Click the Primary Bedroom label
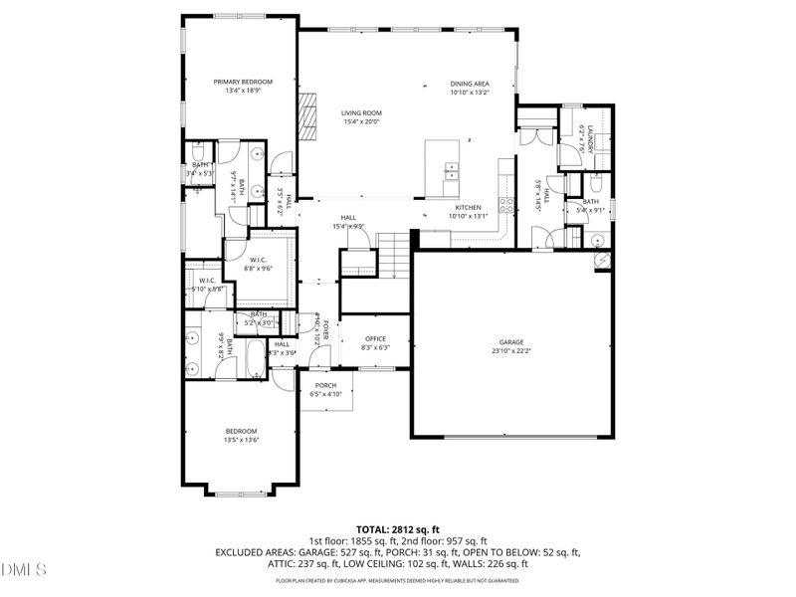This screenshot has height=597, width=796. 243,82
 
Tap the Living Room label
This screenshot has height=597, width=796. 362,113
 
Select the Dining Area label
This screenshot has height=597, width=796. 470,84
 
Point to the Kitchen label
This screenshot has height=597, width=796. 469,207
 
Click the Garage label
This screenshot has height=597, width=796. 511,341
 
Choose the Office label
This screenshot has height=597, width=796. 375,338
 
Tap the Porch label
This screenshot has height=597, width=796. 325,385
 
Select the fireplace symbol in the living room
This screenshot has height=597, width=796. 310,116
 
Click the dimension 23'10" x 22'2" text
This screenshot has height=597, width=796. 511,350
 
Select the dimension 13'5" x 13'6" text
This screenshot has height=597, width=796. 242,439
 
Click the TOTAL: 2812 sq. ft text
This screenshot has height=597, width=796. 398,529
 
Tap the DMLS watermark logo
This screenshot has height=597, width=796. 24,570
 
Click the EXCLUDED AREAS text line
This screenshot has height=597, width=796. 398,551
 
